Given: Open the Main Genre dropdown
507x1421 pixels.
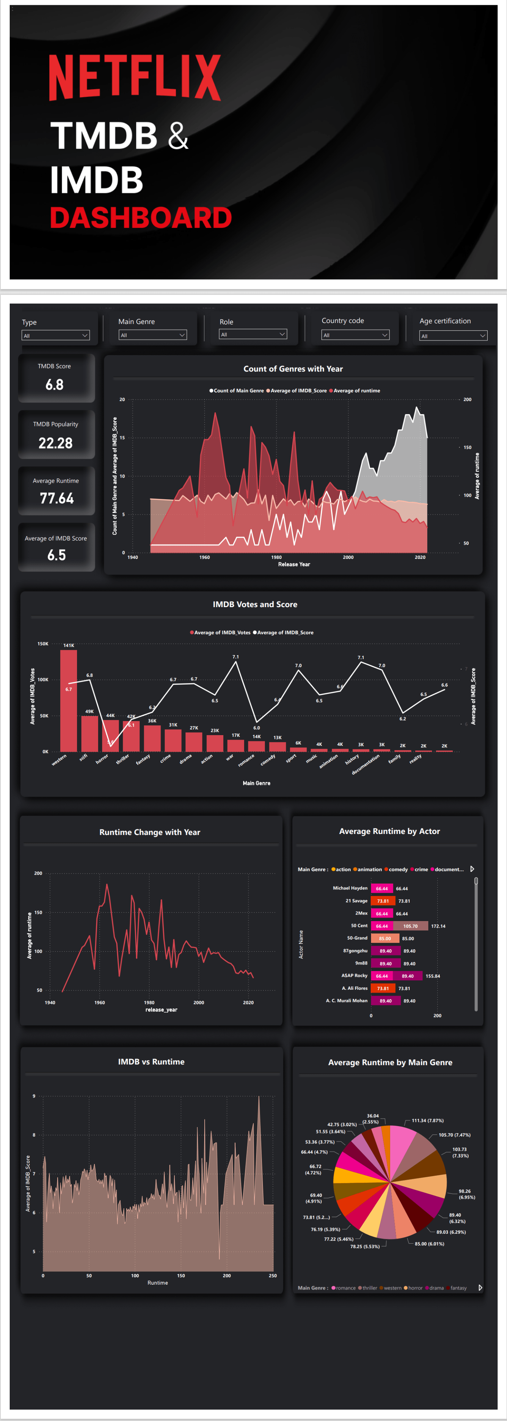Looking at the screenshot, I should point(152,335).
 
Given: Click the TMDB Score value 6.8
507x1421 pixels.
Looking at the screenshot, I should point(54,384).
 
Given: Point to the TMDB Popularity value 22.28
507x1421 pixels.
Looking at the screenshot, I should point(55,443).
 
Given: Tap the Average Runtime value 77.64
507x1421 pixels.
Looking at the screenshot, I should point(56,498).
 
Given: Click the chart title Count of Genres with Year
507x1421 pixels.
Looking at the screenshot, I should point(293,368).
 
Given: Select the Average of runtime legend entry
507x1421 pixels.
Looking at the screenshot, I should point(356,391).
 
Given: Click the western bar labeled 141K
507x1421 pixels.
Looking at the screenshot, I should point(68,700).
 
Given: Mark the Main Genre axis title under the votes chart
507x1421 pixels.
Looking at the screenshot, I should point(257,783).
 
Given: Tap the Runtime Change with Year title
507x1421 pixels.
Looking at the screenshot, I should point(149,832).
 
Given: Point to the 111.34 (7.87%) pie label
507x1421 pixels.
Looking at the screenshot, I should point(428,1120).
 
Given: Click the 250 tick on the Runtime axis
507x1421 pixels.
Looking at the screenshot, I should point(273,1275).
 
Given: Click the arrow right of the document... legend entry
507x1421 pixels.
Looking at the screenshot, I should point(472,869).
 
